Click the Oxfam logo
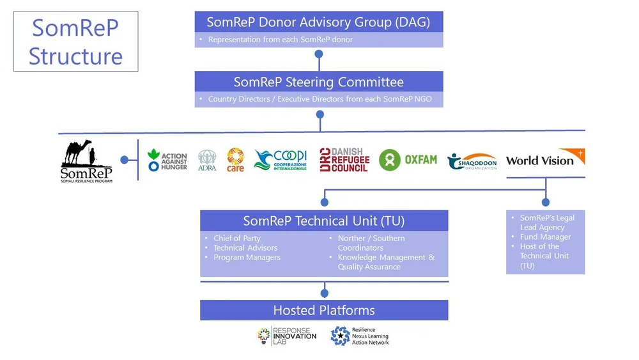(408, 160)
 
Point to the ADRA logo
(207, 160)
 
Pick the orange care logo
(235, 160)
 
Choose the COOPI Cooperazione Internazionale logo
(281, 160)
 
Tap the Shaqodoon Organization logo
(472, 161)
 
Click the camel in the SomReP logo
(78, 152)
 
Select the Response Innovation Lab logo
(286, 336)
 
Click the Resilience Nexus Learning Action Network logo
(360, 336)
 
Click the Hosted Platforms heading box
(324, 310)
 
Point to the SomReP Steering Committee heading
(318, 82)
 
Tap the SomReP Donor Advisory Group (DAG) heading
(318, 22)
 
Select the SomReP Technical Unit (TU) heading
(324, 221)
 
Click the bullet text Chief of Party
(237, 239)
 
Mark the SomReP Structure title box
(75, 41)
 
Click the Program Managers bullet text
(247, 257)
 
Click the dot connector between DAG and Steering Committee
(318, 54)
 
